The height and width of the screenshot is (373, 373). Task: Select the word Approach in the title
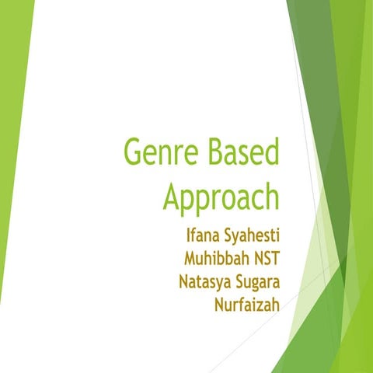221,195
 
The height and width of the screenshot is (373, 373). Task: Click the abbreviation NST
263,256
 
